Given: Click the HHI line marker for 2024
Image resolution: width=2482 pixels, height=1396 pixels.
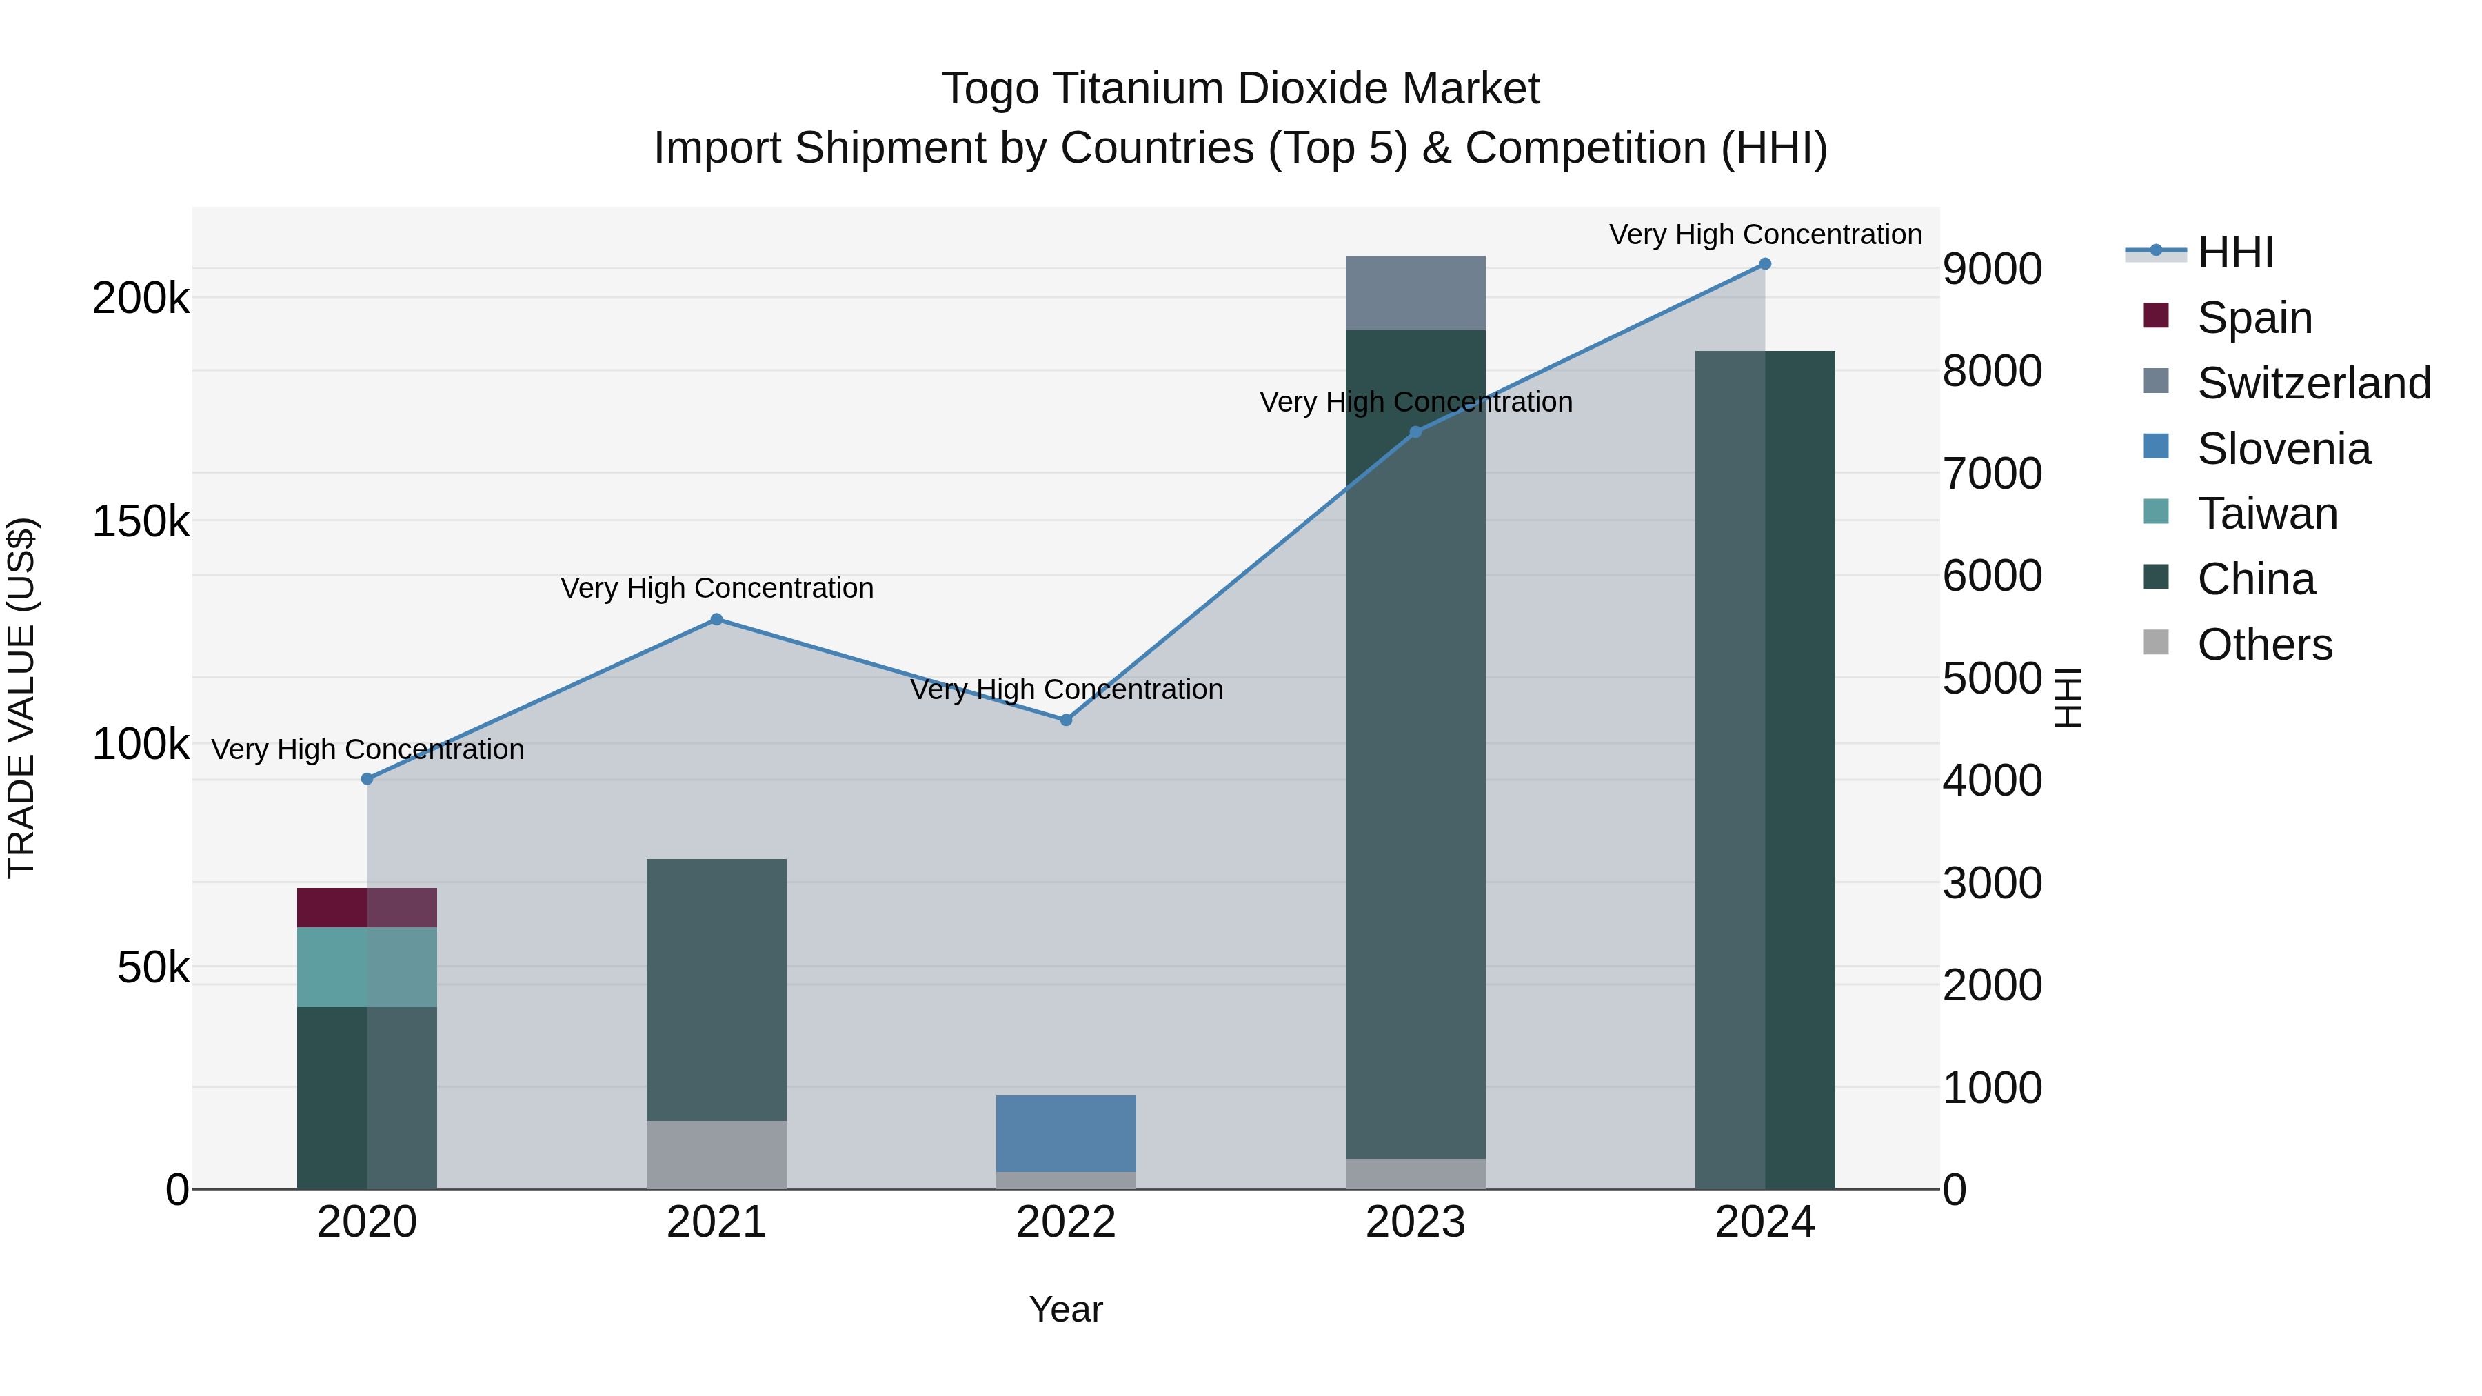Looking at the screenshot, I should pos(1764,263).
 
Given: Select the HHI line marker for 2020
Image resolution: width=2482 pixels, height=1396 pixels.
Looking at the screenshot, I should pos(367,778).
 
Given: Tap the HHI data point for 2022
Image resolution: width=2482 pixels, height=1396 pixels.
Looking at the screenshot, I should pos(1066,720).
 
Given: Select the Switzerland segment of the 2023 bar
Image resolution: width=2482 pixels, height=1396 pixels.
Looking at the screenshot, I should pos(1415,293).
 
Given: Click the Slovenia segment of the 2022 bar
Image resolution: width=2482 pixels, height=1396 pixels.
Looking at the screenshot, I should pos(1066,1133).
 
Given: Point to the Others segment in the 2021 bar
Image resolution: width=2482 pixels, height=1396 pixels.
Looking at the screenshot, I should pos(716,1154).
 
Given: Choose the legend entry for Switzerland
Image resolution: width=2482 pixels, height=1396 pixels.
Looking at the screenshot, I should pos(2312,383).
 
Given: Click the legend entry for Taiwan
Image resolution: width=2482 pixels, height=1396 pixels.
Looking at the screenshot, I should pos(2266,514).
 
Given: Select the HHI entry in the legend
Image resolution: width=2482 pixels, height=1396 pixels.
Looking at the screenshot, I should pos(2235,252).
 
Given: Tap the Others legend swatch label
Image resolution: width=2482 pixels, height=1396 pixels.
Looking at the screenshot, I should pos(2264,645).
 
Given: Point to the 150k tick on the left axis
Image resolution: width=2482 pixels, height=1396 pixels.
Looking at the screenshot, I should pos(141,521).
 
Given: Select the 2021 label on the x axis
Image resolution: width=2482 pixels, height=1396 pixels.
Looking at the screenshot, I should pos(716,1222).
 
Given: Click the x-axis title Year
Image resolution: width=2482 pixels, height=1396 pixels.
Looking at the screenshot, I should pos(1066,1309).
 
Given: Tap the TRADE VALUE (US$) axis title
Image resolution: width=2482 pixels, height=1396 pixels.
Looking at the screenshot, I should pos(21,698).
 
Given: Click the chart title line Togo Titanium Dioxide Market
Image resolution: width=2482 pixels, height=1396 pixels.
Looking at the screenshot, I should pos(1240,89).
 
